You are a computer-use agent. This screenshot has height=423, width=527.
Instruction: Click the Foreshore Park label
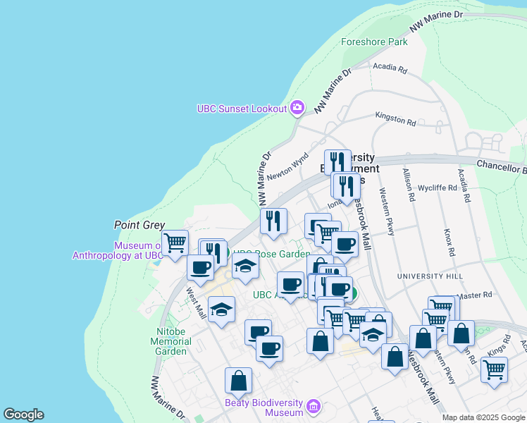(374, 42)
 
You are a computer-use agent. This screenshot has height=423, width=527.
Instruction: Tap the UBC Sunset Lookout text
(242, 108)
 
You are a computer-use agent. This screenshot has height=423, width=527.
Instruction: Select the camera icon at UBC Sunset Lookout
(297, 107)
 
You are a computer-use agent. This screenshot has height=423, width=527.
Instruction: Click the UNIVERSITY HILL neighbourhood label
(426, 276)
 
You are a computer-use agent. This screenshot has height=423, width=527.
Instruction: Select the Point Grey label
(139, 225)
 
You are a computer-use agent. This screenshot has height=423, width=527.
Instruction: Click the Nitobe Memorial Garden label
(170, 341)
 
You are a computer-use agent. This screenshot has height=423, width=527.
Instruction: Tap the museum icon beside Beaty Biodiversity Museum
(314, 407)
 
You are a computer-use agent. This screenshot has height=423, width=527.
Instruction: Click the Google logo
(23, 415)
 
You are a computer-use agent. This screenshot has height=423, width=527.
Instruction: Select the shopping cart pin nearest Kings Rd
(494, 368)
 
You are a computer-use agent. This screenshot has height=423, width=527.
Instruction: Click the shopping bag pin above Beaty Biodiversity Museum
(238, 380)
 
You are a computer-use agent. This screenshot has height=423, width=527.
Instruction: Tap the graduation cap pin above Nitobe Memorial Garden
(221, 310)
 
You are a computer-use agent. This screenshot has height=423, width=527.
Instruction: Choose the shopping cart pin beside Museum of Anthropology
(175, 243)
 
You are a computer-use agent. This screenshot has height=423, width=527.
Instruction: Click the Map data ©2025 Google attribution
(483, 417)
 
